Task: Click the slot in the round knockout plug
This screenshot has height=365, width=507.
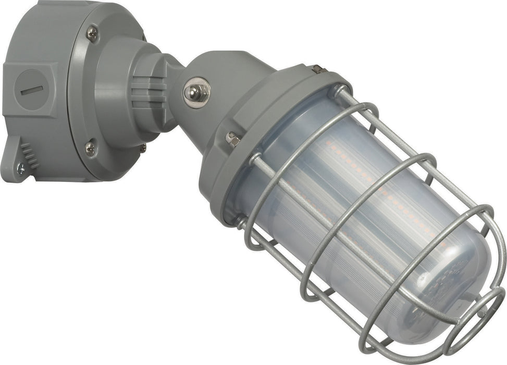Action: tap(31, 90)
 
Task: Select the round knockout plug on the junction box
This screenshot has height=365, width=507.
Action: tap(33, 89)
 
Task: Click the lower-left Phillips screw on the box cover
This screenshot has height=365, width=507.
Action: tap(90, 149)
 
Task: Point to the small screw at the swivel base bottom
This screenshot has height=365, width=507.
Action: tap(142, 148)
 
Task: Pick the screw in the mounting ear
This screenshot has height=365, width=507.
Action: tap(21, 168)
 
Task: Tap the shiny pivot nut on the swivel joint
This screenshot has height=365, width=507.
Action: tap(196, 92)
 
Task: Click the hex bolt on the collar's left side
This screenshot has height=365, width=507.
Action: tap(232, 139)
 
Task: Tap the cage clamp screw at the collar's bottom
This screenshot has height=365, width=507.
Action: tap(241, 221)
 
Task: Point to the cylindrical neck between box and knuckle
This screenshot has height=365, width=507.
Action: tap(120, 89)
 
